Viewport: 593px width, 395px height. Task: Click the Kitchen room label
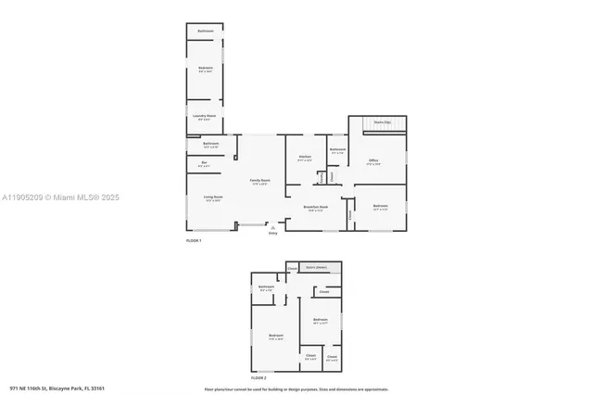tap(305, 158)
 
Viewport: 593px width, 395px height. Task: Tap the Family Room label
tap(259, 182)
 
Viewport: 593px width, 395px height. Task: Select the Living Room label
tap(211, 198)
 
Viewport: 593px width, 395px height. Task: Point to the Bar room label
tap(204, 164)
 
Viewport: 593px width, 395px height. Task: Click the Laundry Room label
tap(205, 117)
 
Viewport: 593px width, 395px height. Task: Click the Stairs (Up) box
tap(382, 122)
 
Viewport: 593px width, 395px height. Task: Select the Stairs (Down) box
tap(317, 267)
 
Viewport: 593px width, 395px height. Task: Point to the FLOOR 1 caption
tap(194, 240)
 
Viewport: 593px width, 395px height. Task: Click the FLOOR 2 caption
tap(259, 378)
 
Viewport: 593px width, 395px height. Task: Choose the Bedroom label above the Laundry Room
tap(205, 69)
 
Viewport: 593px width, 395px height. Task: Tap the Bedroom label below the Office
tap(380, 207)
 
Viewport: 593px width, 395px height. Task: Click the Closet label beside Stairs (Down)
tap(292, 268)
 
